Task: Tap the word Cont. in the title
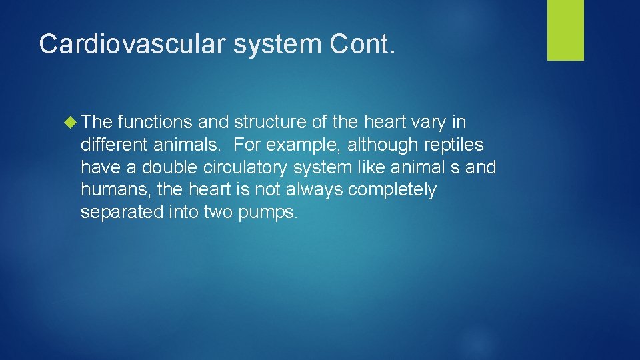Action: [363, 43]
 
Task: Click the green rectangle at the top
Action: [565, 30]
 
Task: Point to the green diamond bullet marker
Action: [72, 123]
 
